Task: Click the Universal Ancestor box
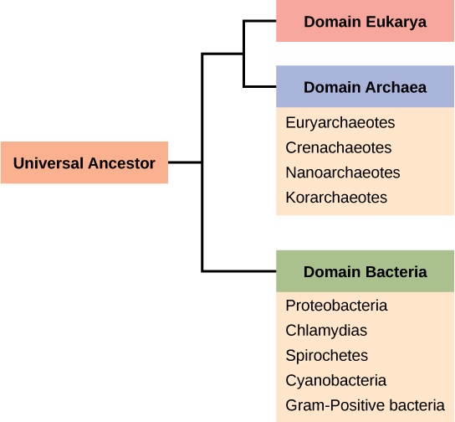(84, 163)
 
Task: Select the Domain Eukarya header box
(365, 22)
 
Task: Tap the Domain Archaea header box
(365, 87)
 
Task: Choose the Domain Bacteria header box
(365, 271)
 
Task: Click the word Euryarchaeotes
(340, 123)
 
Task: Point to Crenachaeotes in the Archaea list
(338, 148)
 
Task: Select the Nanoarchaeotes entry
(342, 172)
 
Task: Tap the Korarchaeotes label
(336, 198)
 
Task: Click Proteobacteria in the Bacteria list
(336, 306)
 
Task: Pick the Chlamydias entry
(326, 331)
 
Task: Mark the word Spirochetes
(326, 356)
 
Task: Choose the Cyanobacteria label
(335, 380)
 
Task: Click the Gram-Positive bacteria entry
(365, 405)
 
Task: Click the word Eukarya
(394, 22)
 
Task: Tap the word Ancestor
(122, 163)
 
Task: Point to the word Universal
(49, 163)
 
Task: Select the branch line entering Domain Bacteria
(243, 271)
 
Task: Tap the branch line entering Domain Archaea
(259, 87)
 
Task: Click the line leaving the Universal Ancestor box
(184, 162)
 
